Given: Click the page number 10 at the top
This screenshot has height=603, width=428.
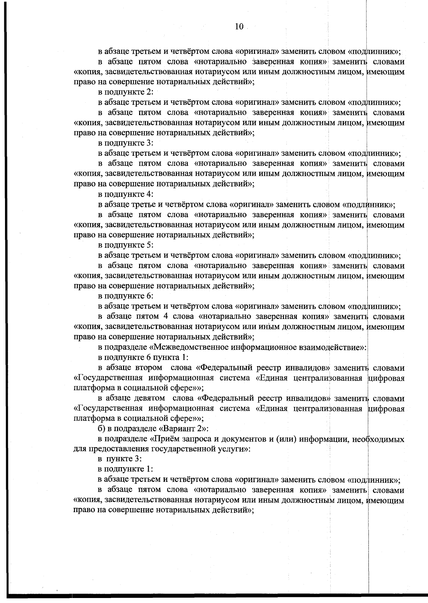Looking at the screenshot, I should [239, 26].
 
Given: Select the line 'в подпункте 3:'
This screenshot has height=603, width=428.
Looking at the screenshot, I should [126, 143].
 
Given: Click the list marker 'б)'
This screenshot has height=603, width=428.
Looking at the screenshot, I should [102, 429].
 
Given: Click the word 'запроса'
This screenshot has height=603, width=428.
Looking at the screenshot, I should [198, 439].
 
